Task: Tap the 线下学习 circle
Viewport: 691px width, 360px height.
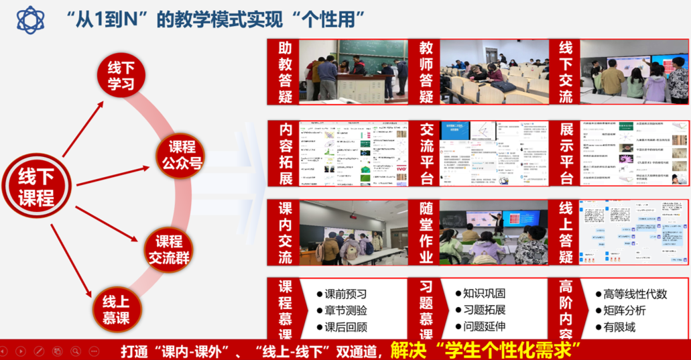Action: pos(121,75)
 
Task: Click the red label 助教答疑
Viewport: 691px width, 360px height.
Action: pos(282,72)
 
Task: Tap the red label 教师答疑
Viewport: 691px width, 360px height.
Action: pos(426,72)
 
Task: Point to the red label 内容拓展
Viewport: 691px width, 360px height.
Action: pos(282,154)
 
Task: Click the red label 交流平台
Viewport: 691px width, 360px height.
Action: pos(426,154)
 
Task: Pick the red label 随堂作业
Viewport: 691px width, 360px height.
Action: pos(426,233)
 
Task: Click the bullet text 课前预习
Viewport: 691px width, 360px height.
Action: pos(346,294)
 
